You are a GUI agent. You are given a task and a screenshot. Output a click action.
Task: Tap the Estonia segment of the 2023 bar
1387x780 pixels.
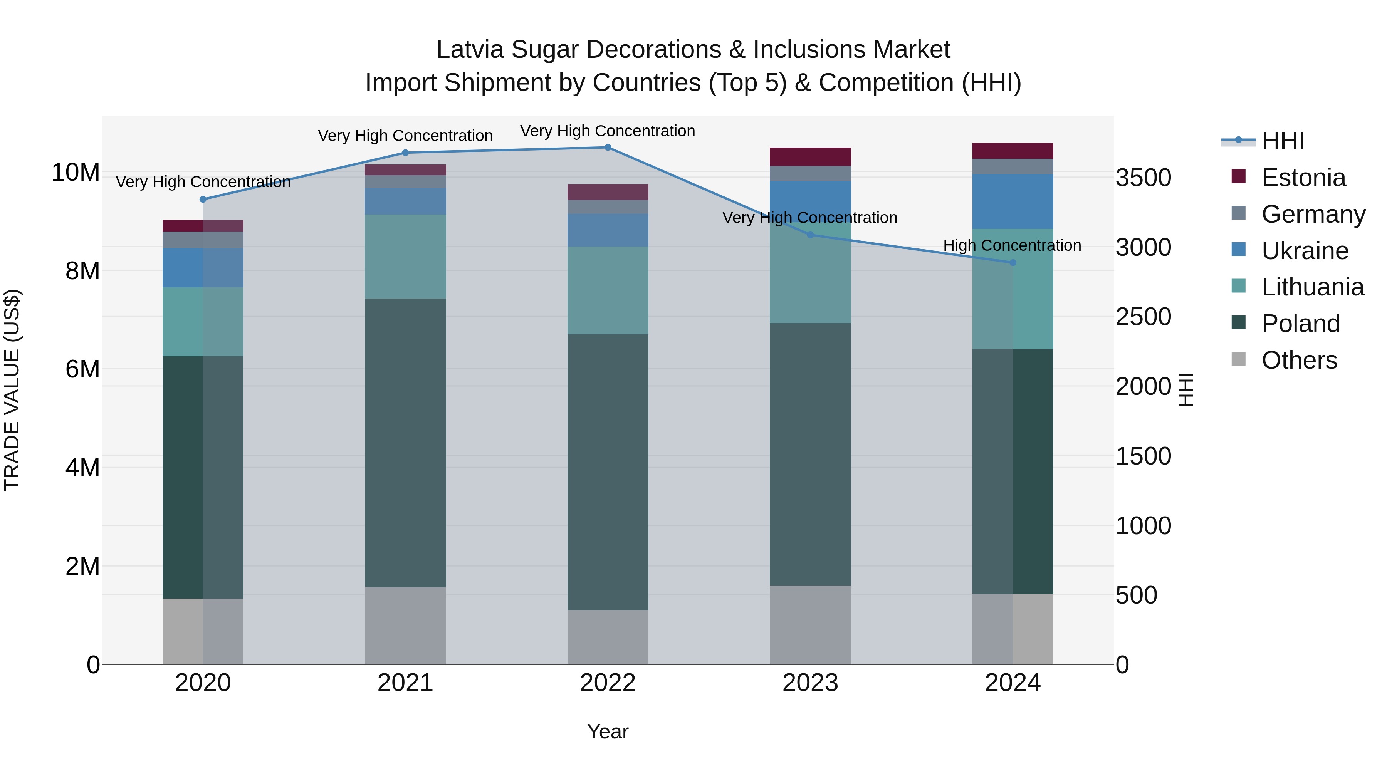(810, 157)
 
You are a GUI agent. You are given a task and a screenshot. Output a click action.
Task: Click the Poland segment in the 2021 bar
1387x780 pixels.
(405, 443)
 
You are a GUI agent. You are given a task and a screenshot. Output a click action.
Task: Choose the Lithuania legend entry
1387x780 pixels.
(1312, 287)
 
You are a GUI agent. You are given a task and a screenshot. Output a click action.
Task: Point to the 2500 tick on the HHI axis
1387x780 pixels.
(1143, 317)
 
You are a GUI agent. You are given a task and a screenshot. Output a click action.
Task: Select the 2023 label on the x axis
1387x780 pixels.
(810, 683)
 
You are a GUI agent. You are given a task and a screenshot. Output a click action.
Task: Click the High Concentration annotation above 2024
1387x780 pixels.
(1012, 245)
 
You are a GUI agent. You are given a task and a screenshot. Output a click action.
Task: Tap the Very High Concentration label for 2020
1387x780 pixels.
(203, 182)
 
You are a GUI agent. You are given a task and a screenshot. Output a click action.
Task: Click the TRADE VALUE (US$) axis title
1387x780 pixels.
(12, 390)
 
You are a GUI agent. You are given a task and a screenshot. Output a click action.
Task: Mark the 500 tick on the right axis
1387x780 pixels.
(1136, 595)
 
